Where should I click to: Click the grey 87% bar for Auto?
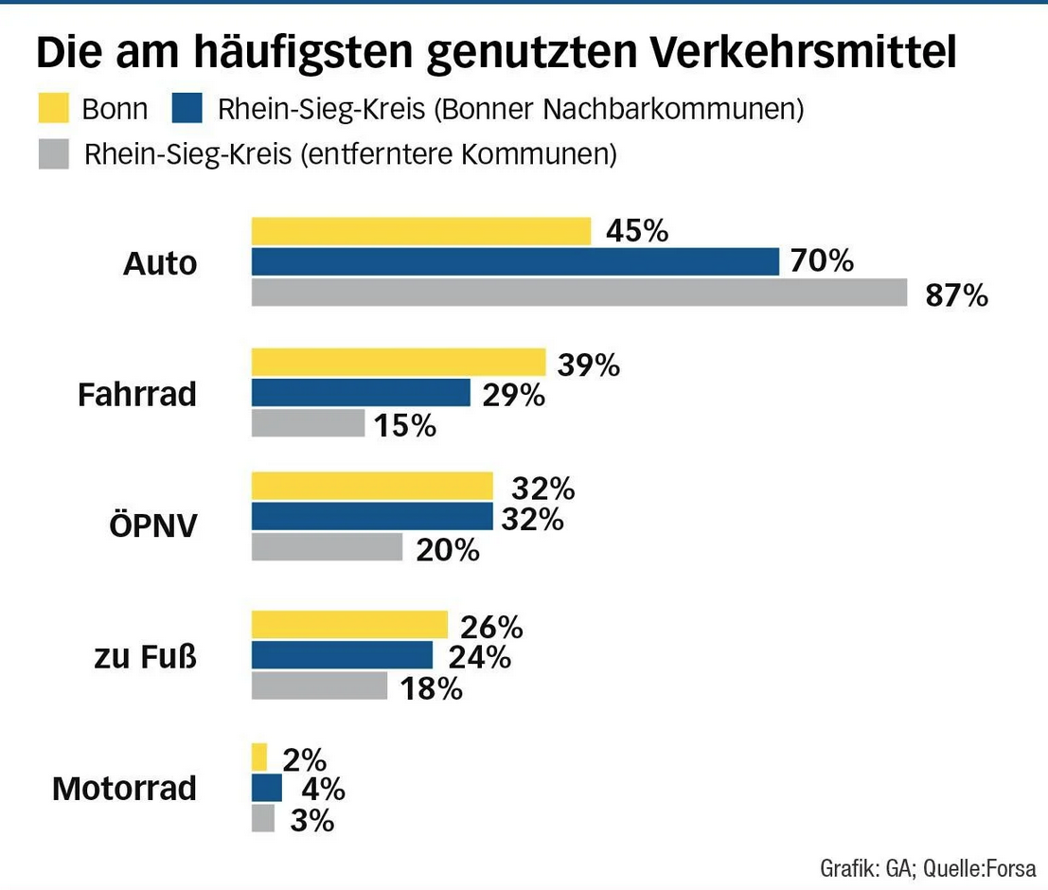(578, 293)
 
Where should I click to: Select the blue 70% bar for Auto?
(514, 261)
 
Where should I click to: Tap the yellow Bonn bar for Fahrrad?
(398, 363)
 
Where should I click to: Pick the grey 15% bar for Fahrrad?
(308, 423)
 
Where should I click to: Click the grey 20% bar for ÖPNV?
(327, 547)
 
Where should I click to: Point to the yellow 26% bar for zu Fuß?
(348, 625)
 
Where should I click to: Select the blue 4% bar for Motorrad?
(266, 788)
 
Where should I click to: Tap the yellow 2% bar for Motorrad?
(259, 757)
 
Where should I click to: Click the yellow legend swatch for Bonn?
(54, 109)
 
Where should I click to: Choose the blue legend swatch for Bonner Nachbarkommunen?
(187, 109)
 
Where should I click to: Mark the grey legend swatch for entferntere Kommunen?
(54, 153)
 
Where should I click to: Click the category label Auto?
(160, 263)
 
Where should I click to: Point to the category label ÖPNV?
(154, 525)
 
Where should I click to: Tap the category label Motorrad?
(124, 788)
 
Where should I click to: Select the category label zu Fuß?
(145, 656)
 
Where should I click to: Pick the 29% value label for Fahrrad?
(513, 395)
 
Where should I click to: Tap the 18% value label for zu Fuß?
(431, 688)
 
